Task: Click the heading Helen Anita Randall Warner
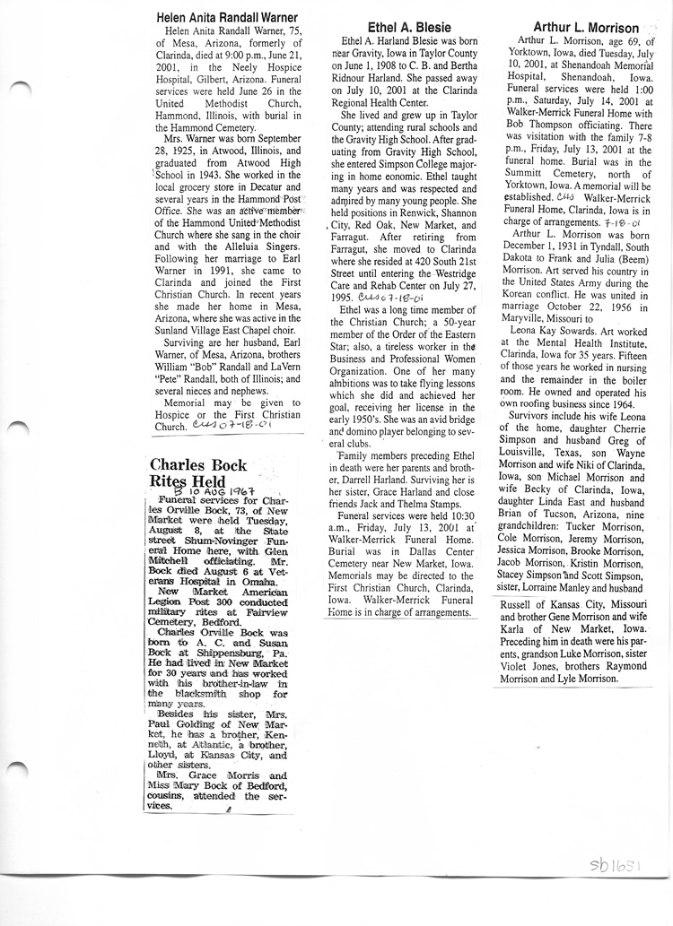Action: click(226, 17)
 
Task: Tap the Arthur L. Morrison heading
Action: click(585, 28)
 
